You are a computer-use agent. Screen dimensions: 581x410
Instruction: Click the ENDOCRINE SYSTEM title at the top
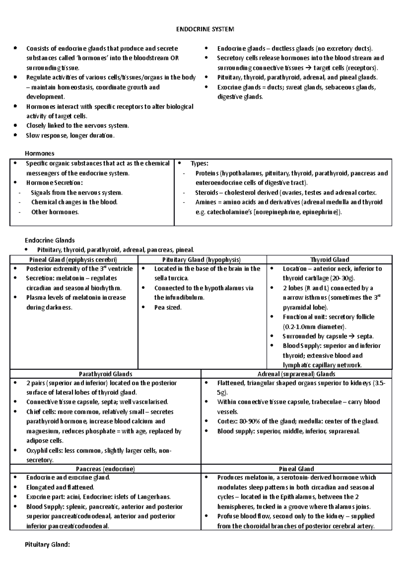click(x=205, y=29)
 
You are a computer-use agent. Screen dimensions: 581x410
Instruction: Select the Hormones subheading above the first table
click(x=40, y=153)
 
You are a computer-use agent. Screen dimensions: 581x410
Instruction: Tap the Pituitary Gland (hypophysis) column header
click(x=202, y=260)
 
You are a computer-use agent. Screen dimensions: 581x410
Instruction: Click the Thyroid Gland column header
click(x=329, y=260)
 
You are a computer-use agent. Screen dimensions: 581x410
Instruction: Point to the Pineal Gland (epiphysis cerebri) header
click(x=73, y=260)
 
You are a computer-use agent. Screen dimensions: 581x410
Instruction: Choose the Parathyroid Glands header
click(x=106, y=374)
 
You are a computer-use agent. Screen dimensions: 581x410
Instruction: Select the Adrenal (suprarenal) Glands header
click(x=296, y=374)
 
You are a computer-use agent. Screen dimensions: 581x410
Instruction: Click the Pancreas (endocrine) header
click(x=106, y=469)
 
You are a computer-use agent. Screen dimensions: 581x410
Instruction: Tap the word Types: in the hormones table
click(x=199, y=164)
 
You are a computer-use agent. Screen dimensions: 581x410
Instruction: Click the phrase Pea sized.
click(x=168, y=307)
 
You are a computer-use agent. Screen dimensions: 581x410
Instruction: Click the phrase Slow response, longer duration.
click(x=70, y=135)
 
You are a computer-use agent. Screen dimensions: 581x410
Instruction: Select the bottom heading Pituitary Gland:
click(x=47, y=544)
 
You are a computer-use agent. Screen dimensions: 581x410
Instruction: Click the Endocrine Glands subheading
click(x=50, y=240)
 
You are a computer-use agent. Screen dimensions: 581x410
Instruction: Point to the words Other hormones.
click(x=55, y=212)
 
